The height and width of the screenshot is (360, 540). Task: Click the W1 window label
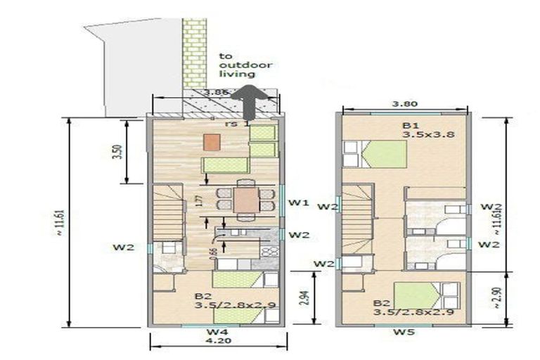point(299,203)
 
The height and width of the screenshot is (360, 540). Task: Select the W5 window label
point(401,331)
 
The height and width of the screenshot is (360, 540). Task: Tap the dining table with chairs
point(245,196)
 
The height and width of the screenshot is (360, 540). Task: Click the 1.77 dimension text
point(198,200)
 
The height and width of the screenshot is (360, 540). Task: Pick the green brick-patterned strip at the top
point(194,53)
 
